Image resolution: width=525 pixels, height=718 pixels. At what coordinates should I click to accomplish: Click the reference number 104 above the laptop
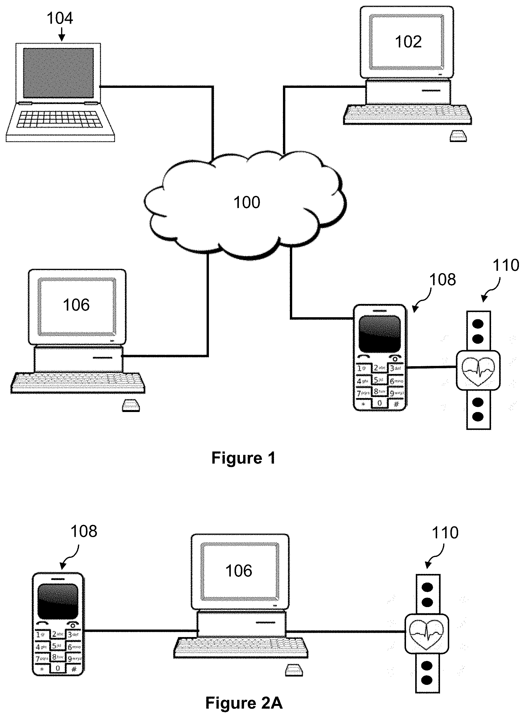[60, 18]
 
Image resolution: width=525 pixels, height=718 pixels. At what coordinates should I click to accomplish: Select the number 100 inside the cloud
[247, 202]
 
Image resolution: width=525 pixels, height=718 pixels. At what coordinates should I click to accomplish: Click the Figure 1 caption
[243, 458]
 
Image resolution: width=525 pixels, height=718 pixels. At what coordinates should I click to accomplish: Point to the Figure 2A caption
[244, 703]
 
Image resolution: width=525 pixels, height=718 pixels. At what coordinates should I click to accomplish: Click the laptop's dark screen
[58, 73]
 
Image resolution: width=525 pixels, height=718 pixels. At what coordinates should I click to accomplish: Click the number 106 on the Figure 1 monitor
[76, 305]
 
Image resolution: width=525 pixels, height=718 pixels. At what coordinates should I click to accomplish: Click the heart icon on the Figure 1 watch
[478, 371]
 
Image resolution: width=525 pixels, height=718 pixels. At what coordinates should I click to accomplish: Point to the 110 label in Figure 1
[505, 265]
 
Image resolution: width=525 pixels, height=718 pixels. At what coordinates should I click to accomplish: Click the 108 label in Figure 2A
[84, 531]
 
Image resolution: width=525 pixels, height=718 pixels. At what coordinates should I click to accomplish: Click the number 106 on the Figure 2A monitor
[239, 570]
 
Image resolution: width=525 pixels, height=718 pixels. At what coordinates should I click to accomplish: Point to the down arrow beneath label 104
[62, 34]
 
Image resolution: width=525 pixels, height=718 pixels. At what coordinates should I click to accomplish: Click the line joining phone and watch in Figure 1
[431, 368]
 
